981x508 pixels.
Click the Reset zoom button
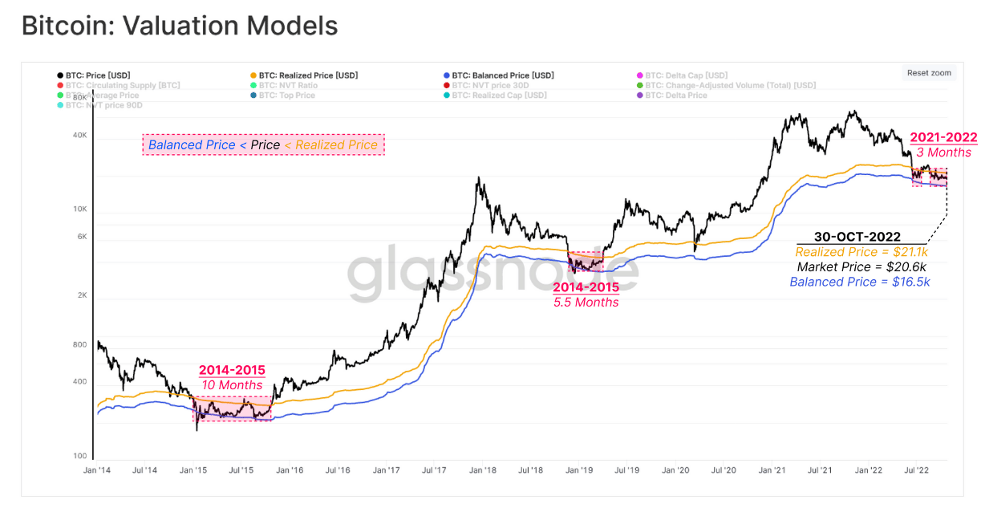[x=929, y=73]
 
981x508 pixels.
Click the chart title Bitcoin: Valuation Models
[x=180, y=26]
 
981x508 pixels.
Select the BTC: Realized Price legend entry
[x=304, y=75]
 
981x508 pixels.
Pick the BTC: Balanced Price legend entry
[x=502, y=75]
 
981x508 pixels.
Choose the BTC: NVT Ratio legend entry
[x=288, y=85]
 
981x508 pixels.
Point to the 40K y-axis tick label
[x=79, y=136]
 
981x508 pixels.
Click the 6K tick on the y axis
[x=81, y=236]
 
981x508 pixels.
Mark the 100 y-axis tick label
[x=80, y=456]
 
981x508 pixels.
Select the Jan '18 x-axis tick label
[x=481, y=471]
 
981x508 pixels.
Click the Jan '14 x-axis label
[x=96, y=471]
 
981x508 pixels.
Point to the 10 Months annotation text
[x=232, y=385]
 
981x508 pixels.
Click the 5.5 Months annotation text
[x=586, y=303]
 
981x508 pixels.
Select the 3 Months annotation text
[x=943, y=152]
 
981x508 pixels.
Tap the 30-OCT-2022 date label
[x=857, y=238]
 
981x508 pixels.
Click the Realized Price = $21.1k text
[x=861, y=253]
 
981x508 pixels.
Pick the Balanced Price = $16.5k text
[x=860, y=282]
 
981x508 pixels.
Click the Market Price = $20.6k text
[x=862, y=267]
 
